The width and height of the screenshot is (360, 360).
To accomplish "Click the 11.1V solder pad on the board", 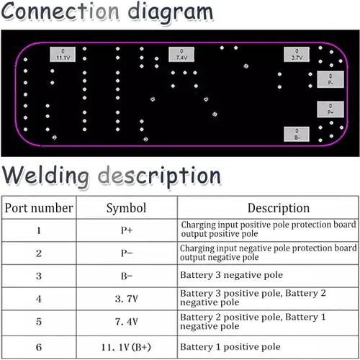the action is [63, 54].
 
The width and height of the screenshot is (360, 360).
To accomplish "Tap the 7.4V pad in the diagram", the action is [181, 54].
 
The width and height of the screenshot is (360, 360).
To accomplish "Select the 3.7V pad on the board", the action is [297, 54].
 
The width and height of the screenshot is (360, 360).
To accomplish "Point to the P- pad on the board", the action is [330, 79].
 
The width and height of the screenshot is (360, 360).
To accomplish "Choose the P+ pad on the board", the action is [330, 109].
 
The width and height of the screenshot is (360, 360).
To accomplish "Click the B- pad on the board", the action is [297, 134].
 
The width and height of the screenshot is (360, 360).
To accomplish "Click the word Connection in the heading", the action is [60, 11].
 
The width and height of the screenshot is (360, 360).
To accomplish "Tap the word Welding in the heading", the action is [45, 175].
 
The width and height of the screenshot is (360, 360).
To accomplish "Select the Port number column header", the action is [39, 208].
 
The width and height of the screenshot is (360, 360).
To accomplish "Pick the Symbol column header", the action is [126, 208].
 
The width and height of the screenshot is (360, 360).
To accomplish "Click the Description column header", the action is [279, 208].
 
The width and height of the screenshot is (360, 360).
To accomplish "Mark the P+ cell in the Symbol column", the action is [127, 230].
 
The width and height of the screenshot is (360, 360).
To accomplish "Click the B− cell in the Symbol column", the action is [127, 276].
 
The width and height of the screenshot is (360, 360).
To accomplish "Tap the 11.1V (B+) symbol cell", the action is [126, 347].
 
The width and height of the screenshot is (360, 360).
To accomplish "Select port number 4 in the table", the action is [39, 299].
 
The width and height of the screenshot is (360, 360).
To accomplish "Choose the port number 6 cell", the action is [39, 347].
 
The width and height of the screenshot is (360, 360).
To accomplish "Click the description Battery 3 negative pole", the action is [231, 275].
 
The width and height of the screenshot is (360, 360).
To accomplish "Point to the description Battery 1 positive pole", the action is [230, 347].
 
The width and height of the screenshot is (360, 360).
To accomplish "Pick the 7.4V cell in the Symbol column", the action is [127, 322].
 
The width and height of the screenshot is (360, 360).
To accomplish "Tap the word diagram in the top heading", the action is [171, 12].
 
